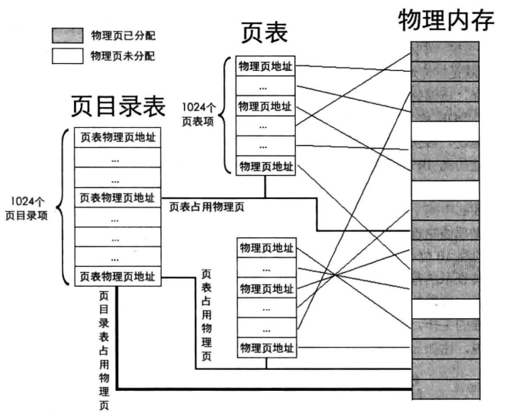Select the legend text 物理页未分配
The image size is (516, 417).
pyautogui.click(x=124, y=56)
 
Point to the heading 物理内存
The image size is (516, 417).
pyautogui.click(x=444, y=22)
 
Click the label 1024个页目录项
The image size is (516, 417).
pyautogui.click(x=26, y=207)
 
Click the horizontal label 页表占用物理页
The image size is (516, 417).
pyautogui.click(x=206, y=206)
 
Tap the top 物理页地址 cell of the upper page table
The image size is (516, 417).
pyautogui.click(x=265, y=66)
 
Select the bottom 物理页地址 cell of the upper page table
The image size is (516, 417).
pyautogui.click(x=265, y=166)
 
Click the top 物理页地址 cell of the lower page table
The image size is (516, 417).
pyautogui.click(x=266, y=247)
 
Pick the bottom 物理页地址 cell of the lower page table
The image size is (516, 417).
pyautogui.click(x=266, y=348)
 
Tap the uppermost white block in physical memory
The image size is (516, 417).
pyautogui.click(x=444, y=131)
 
